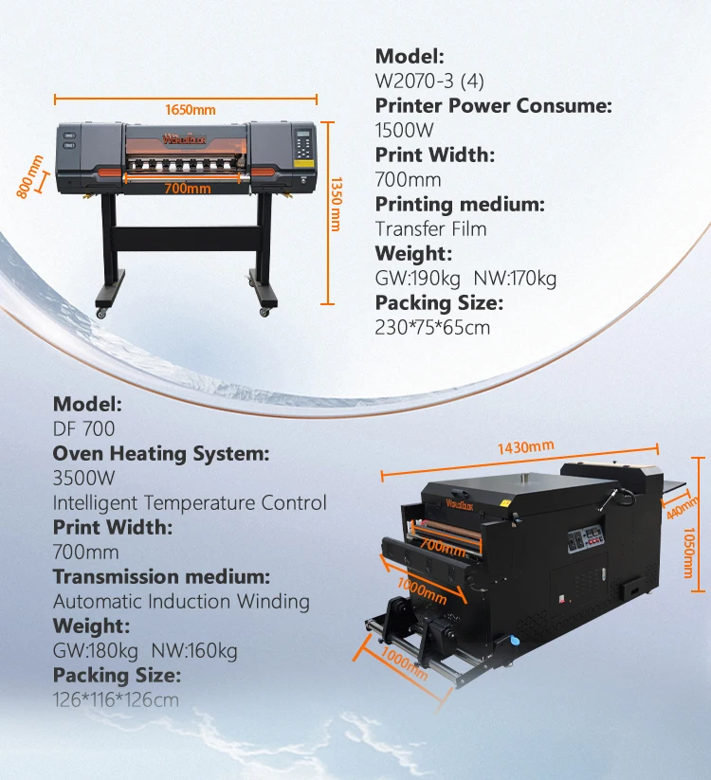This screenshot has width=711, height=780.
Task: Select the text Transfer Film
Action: [430, 228]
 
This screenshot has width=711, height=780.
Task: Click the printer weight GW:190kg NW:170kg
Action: [465, 278]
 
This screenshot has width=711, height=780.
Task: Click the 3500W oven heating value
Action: [86, 478]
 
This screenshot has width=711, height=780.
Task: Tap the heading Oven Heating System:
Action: [160, 453]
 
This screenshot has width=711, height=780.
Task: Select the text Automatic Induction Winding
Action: [181, 601]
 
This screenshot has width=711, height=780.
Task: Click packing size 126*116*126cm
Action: [116, 699]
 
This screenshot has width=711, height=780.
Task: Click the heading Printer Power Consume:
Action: [493, 105]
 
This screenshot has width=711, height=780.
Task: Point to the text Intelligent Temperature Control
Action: [190, 502]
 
